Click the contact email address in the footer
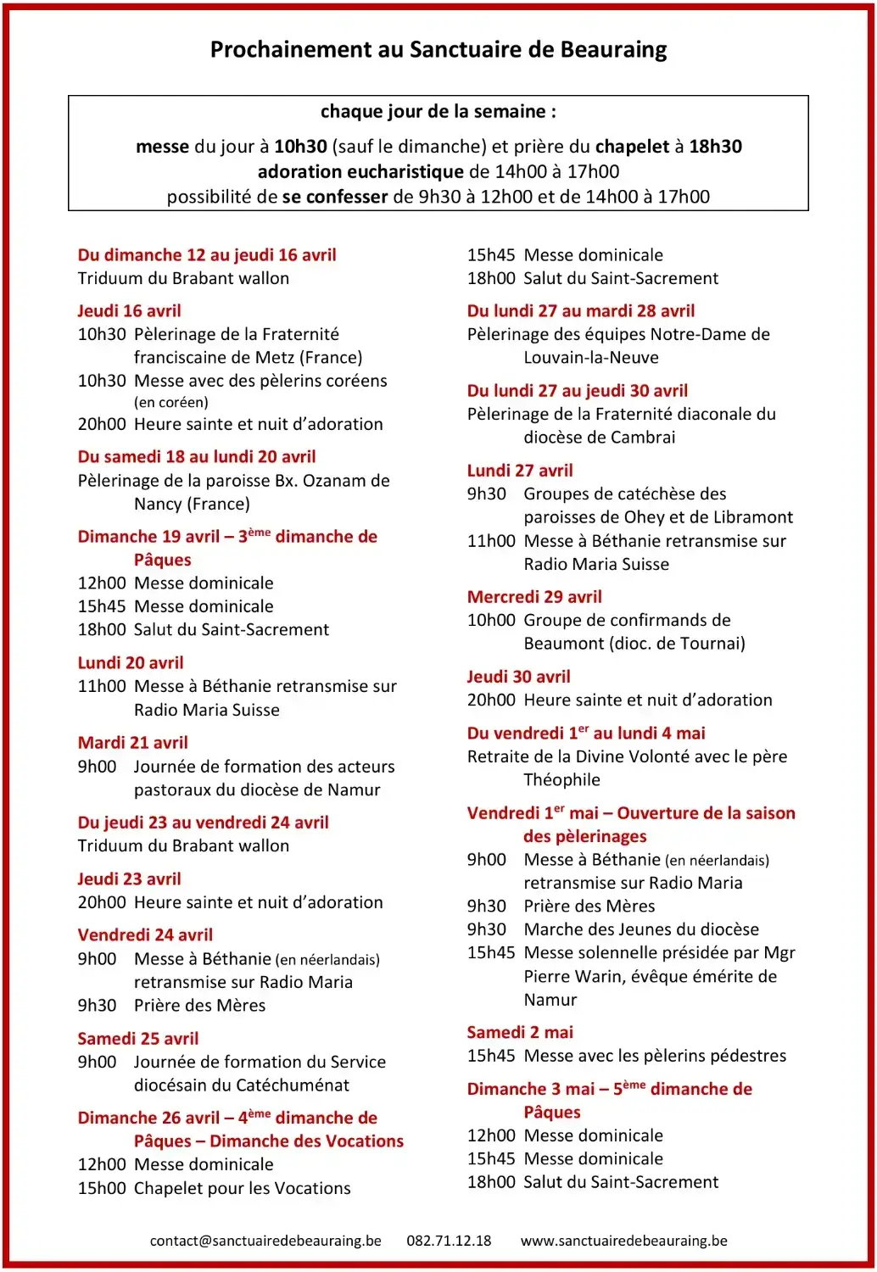(x=265, y=1241)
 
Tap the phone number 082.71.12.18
(x=449, y=1241)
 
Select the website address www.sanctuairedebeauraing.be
(x=623, y=1241)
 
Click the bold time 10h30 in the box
(x=300, y=147)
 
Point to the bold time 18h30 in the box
(x=715, y=147)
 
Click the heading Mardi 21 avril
(x=132, y=743)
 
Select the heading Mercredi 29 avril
(x=534, y=597)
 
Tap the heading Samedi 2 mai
(x=520, y=1033)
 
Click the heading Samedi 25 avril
(x=137, y=1039)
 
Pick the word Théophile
(x=561, y=780)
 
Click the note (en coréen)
(x=170, y=403)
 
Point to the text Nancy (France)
(x=192, y=505)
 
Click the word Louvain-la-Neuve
(x=591, y=358)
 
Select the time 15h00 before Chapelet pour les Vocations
(x=102, y=1189)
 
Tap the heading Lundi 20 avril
(x=131, y=663)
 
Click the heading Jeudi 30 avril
(x=518, y=678)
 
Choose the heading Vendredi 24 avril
(x=145, y=935)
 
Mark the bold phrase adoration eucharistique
(x=360, y=172)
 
